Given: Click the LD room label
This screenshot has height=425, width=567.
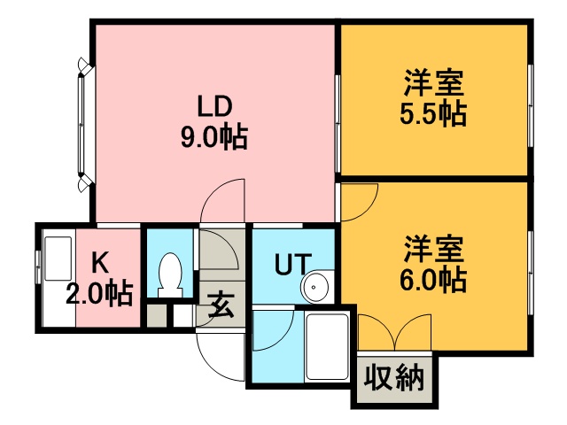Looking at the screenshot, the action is click(x=214, y=106).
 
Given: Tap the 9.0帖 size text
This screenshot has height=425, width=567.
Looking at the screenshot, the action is click(x=214, y=138).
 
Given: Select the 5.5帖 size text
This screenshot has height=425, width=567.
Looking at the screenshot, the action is click(x=433, y=114).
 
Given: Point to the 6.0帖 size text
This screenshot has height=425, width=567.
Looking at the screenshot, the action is click(x=433, y=280).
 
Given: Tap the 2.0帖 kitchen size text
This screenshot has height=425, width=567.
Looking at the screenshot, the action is click(x=99, y=294).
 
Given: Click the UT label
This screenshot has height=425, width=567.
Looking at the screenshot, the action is click(x=293, y=264).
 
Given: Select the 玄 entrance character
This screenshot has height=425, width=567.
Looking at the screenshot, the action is click(x=221, y=305).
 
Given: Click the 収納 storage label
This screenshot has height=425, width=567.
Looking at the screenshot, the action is click(x=393, y=378).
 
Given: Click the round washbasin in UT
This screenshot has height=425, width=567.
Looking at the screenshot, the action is click(x=315, y=287).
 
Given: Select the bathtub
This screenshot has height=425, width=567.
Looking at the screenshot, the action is click(x=327, y=347).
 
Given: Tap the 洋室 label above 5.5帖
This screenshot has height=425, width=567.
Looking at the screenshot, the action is click(x=433, y=83).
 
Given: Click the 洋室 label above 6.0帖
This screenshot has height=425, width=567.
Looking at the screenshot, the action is click(x=433, y=249).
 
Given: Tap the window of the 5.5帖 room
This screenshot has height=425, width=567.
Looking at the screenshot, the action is click(x=531, y=106).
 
